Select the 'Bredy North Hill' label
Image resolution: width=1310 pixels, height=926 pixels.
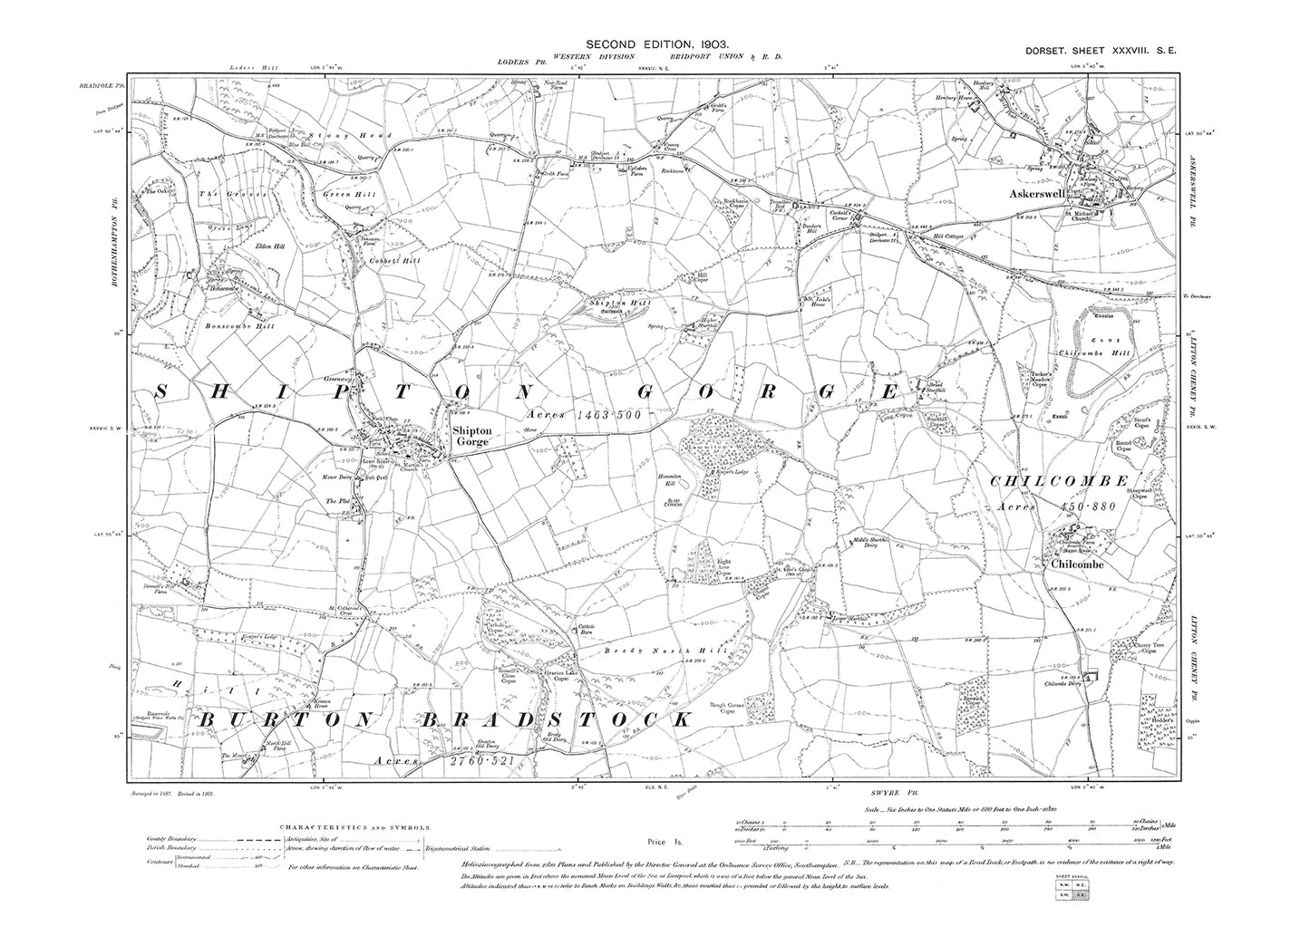click(640, 651)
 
